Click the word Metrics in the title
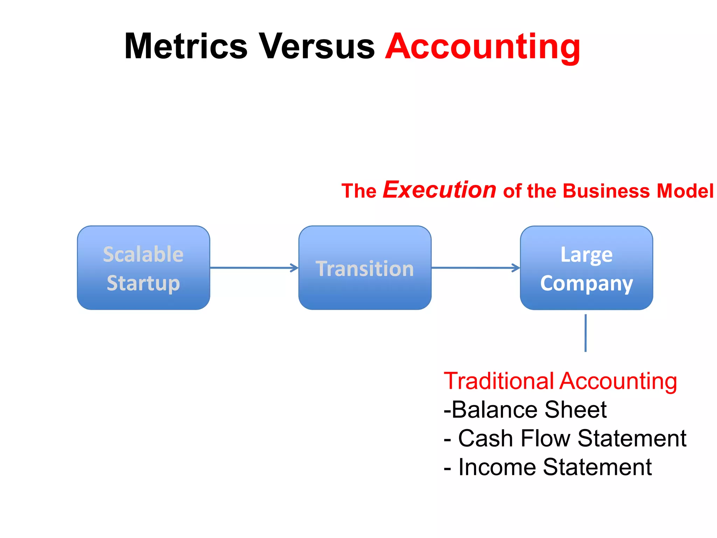click(x=186, y=47)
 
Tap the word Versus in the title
click(x=316, y=47)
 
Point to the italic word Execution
click(x=439, y=190)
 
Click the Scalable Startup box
click(x=144, y=268)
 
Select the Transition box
click(x=365, y=268)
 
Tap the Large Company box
click(x=586, y=268)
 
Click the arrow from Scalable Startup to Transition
click(x=254, y=268)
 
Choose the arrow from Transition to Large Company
click(x=475, y=268)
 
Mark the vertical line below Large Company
click(x=585, y=333)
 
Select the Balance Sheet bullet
click(x=525, y=410)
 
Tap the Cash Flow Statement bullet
click(x=565, y=439)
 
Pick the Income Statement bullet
click(x=548, y=467)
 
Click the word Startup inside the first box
click(x=144, y=283)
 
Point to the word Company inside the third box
click(x=586, y=283)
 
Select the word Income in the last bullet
click(x=497, y=467)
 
